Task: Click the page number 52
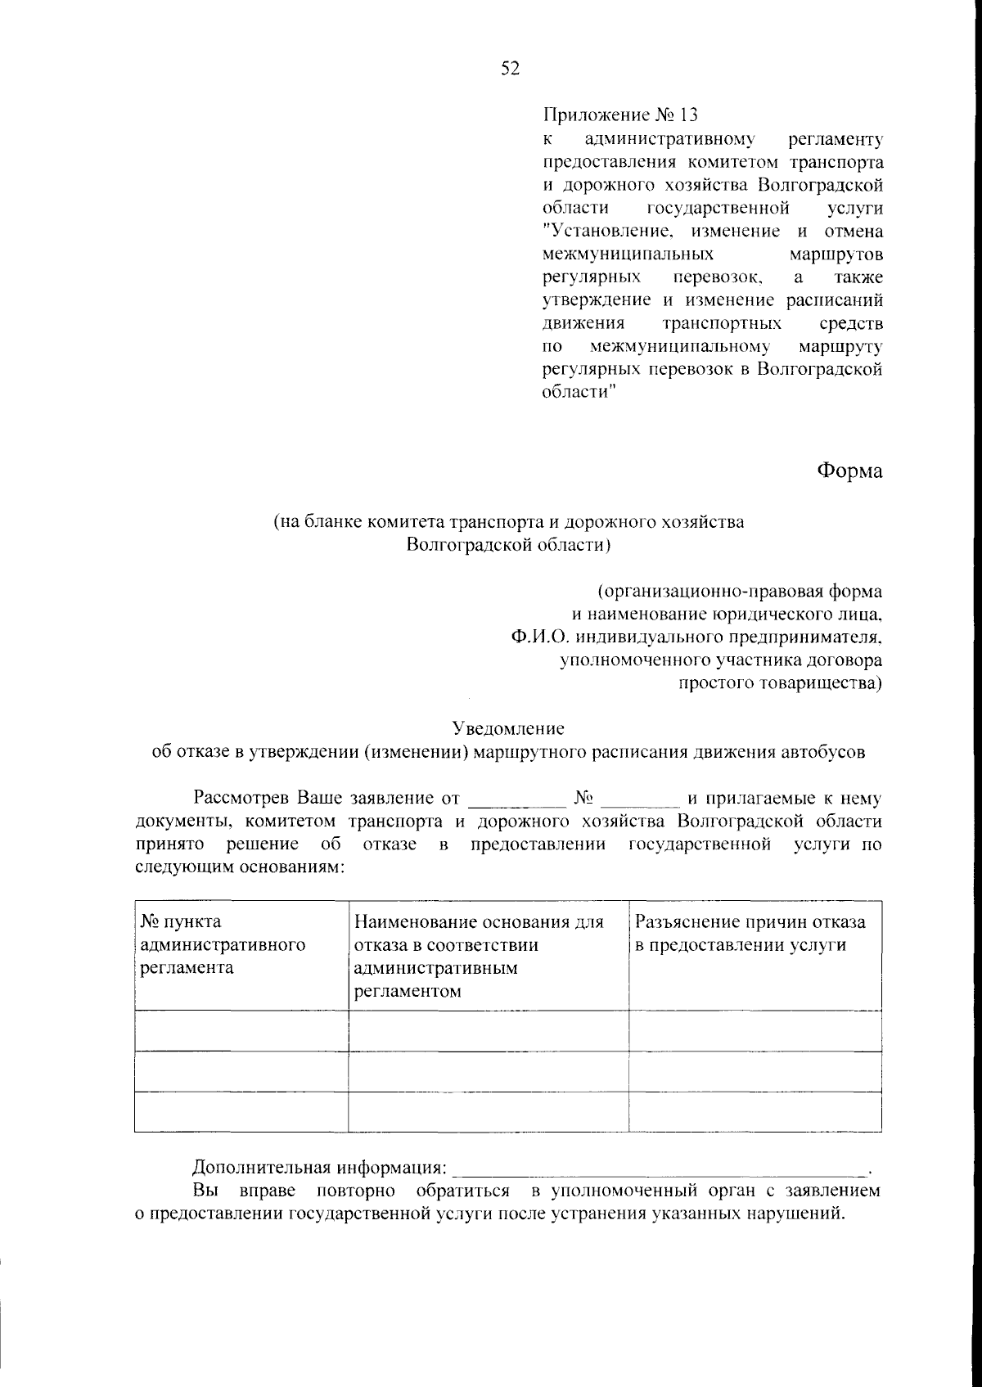(510, 69)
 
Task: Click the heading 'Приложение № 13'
(621, 115)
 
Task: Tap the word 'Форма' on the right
(849, 471)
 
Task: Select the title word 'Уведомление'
(508, 727)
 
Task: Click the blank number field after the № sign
(641, 799)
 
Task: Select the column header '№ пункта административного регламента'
(223, 945)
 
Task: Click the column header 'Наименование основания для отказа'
(479, 957)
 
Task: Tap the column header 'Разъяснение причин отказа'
(750, 934)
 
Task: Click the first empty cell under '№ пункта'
(241, 1031)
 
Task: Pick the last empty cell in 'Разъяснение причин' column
(755, 1112)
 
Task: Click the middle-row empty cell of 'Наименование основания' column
(488, 1071)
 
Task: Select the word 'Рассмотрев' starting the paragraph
(242, 798)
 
